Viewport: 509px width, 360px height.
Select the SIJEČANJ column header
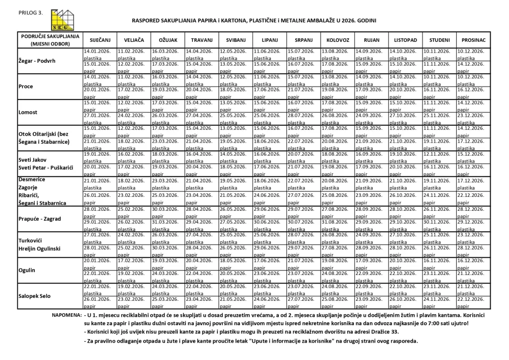click(99, 39)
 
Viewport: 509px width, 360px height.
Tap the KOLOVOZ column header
click(338, 39)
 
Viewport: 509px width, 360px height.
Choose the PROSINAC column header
click(473, 39)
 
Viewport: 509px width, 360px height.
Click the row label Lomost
click(28, 112)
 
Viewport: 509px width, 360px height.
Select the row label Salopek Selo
click(35, 295)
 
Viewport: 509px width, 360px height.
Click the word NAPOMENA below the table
click(66, 315)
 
